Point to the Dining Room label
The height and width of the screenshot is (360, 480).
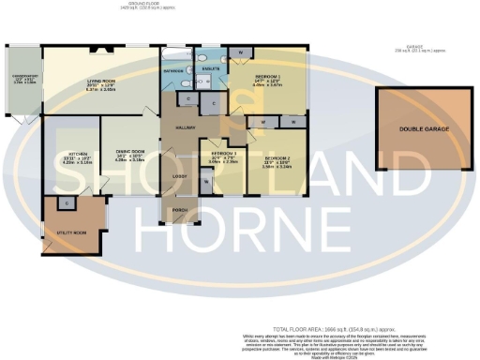[x=128, y=152]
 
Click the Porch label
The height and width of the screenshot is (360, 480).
[x=179, y=209]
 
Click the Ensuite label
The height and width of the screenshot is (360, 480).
[x=211, y=68]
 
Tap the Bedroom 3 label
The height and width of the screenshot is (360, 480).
[x=222, y=152]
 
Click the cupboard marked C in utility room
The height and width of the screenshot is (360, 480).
[x=67, y=202]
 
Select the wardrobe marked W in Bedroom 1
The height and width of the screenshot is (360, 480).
[x=241, y=52]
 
